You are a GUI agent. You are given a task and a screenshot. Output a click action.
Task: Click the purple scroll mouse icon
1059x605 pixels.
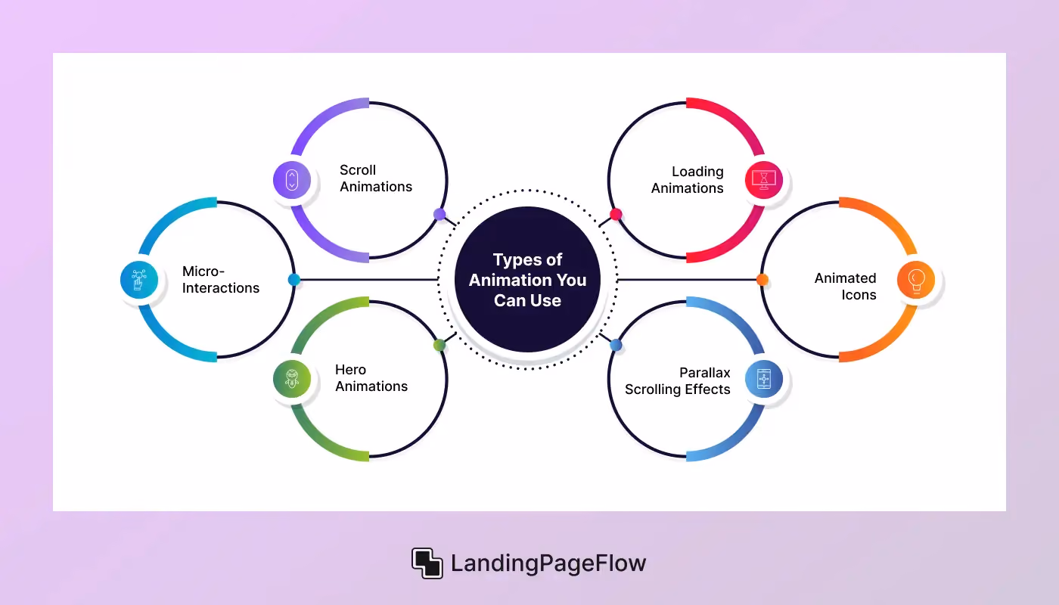[292, 180]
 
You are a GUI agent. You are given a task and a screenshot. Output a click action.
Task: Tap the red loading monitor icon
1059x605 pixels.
[764, 180]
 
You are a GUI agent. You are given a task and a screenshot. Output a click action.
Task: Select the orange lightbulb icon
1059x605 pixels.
[916, 280]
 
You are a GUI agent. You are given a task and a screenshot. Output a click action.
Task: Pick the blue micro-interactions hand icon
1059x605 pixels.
[139, 280]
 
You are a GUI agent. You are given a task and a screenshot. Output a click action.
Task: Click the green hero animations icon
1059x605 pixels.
[292, 379]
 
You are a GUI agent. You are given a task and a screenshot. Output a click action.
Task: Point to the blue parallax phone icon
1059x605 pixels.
[764, 379]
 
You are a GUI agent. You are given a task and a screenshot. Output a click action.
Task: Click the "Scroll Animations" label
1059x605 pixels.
[376, 178]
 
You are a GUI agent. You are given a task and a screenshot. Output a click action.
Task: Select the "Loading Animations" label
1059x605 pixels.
[688, 180]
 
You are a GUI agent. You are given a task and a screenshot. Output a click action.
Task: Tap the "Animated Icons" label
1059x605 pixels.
[846, 287]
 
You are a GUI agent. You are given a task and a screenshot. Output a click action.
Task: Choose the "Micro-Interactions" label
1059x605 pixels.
[221, 279]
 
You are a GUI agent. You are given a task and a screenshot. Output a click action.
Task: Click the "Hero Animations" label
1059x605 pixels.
[371, 377]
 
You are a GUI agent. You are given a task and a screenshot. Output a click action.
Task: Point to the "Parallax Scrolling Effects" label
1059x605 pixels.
[678, 381]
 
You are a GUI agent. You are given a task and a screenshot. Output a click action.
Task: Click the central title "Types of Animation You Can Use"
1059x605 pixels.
[528, 280]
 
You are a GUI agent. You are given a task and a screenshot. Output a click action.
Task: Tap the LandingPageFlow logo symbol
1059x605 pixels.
[427, 563]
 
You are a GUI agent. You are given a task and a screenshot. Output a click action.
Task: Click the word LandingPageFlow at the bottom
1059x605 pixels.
[548, 563]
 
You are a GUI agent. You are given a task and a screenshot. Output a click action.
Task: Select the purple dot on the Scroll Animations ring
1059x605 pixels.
[439, 214]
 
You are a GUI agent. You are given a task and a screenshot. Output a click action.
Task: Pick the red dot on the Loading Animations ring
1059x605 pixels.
[616, 215]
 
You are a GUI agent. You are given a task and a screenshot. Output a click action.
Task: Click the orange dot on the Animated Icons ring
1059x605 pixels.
[762, 280]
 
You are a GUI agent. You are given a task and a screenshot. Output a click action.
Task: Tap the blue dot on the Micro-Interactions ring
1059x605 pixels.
[294, 280]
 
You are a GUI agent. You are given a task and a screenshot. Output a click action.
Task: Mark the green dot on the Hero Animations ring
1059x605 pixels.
[439, 345]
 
